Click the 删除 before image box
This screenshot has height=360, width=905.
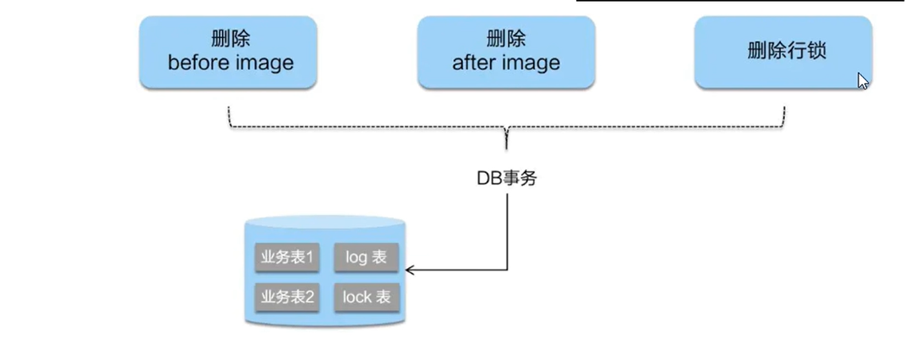[228, 52]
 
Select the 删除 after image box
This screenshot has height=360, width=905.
[506, 52]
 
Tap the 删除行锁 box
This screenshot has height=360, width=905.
[783, 52]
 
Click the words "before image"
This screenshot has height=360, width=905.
[231, 63]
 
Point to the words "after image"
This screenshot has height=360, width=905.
[506, 63]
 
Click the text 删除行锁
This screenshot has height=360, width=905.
[786, 51]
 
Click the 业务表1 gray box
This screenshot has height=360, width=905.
[287, 258]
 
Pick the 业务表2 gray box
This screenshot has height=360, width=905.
[287, 297]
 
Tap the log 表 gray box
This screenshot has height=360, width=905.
[366, 258]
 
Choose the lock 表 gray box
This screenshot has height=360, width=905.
[367, 297]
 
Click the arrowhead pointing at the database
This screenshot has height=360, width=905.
[409, 270]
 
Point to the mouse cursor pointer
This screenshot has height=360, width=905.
[862, 80]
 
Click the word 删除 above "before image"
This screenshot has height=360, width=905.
[231, 39]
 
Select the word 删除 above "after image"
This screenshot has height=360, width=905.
[506, 39]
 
